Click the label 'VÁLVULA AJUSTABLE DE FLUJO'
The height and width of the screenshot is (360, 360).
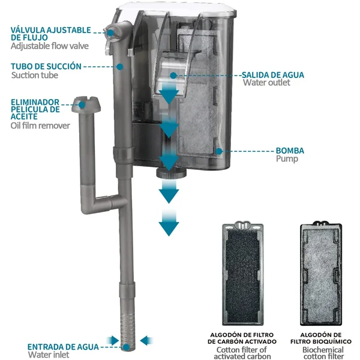(x=51, y=34)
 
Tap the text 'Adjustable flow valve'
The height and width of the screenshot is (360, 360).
(x=50, y=46)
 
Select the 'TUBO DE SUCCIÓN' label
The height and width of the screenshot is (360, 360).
(x=46, y=67)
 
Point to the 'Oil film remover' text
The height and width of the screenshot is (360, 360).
(x=40, y=125)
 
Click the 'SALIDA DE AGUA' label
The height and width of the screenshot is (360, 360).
(x=273, y=75)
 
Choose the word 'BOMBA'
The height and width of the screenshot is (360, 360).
(x=290, y=151)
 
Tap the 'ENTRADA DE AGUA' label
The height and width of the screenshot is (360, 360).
(x=63, y=347)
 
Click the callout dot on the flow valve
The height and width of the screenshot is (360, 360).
(x=110, y=33)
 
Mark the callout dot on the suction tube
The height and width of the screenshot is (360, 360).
(x=119, y=67)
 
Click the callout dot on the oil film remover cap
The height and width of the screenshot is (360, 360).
(x=82, y=105)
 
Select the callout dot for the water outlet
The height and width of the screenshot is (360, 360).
(x=173, y=76)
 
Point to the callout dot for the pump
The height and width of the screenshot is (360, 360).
(x=219, y=151)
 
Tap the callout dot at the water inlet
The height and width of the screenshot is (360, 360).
(x=126, y=347)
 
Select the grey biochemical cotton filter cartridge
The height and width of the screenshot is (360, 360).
(x=321, y=273)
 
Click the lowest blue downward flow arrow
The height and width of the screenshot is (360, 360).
(x=169, y=223)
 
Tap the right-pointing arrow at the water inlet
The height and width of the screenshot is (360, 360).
(x=113, y=340)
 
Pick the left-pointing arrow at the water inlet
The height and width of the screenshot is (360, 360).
(x=146, y=340)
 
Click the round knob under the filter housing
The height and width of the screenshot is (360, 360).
(x=171, y=173)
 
